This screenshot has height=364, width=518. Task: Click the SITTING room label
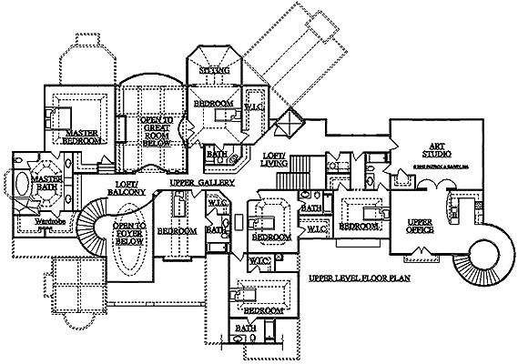click(216, 70)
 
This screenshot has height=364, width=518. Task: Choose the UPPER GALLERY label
click(202, 182)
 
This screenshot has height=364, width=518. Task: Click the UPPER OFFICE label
click(419, 225)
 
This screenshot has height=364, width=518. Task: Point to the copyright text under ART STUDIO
click(439, 167)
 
